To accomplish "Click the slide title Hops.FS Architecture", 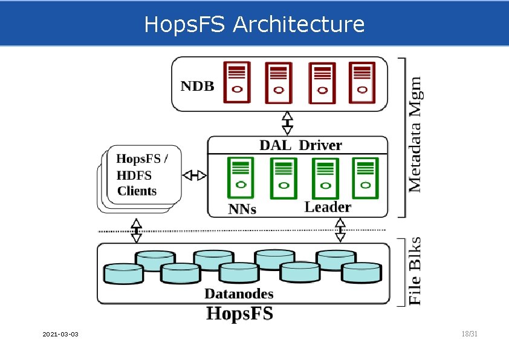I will [x=254, y=25].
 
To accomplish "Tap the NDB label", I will [x=198, y=86].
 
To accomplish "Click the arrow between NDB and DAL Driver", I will [x=288, y=123].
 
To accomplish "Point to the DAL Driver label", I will [x=300, y=145].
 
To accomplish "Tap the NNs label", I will [x=242, y=209].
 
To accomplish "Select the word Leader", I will [x=327, y=207].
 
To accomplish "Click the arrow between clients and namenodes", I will [x=195, y=175].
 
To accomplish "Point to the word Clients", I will [x=137, y=191].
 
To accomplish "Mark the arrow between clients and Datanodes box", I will [x=137, y=230].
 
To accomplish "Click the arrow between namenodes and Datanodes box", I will [x=340, y=230].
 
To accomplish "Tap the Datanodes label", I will [x=239, y=294].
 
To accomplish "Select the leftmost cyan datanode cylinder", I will [x=123, y=273].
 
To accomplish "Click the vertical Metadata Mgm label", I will [x=416, y=134].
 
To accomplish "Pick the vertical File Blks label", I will [x=416, y=270].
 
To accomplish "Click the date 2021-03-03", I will [x=60, y=335].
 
